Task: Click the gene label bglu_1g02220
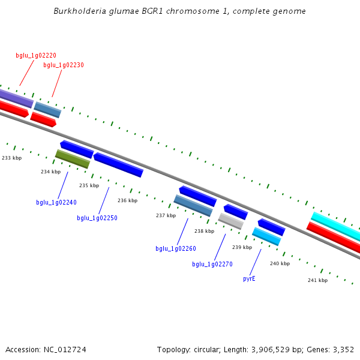36,55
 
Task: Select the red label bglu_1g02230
64,65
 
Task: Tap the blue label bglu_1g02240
56,202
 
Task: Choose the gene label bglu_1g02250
97,218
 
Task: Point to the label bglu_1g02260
176,248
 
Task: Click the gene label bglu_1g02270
212,264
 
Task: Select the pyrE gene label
249,278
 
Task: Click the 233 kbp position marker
12,158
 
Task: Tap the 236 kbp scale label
127,200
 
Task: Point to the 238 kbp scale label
204,231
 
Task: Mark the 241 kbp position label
317,280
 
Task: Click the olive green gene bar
73,159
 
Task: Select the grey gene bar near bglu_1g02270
231,221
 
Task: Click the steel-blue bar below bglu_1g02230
47,110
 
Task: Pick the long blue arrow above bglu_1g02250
118,165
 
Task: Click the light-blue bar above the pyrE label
266,236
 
